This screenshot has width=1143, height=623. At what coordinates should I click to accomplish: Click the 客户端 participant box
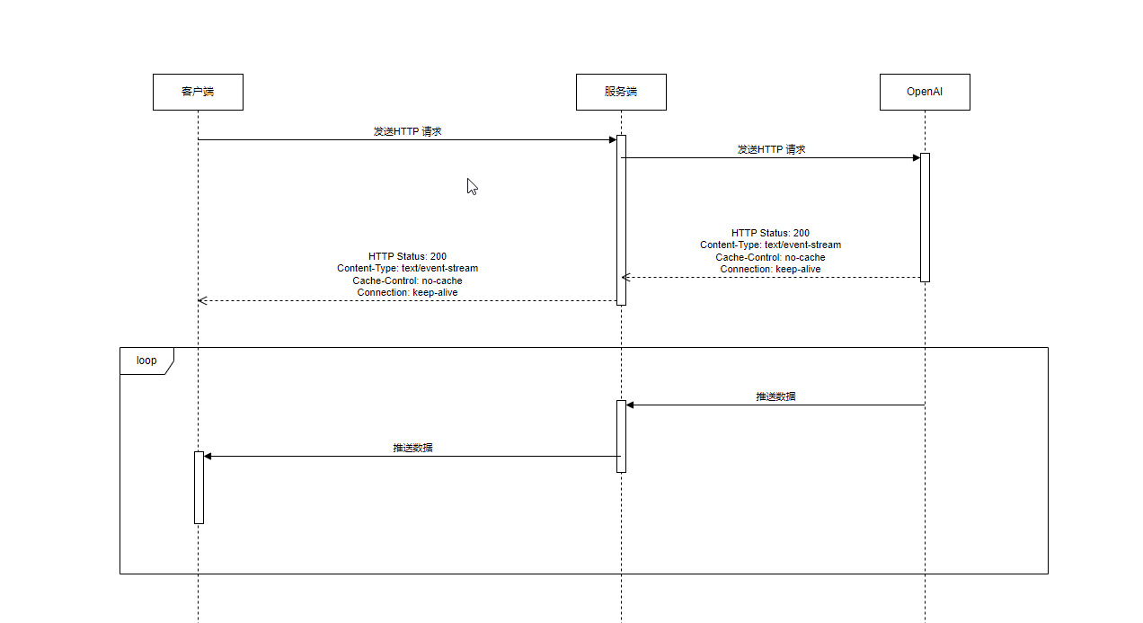point(198,92)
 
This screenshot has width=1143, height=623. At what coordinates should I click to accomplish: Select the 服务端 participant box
point(621,92)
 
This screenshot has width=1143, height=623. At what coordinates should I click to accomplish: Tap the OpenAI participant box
point(925,92)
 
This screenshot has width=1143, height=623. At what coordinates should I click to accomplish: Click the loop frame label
point(146,360)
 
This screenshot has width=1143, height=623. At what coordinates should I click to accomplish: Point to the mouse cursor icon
point(472,186)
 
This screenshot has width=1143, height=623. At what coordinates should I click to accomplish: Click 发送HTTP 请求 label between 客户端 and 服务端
point(407,131)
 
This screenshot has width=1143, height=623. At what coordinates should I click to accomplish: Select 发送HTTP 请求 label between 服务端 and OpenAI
point(771,149)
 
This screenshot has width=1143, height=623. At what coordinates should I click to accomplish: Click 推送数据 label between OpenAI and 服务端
point(775,396)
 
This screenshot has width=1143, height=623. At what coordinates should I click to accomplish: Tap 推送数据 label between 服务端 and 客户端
point(412,448)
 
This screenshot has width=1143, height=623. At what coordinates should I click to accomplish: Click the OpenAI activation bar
point(925,217)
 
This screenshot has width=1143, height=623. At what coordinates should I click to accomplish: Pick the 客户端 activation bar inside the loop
point(199,487)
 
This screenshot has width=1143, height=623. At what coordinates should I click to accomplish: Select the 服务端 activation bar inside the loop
point(621,436)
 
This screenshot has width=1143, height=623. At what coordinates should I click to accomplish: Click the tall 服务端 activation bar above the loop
point(621,219)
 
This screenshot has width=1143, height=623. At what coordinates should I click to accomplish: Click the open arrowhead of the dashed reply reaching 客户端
point(202,300)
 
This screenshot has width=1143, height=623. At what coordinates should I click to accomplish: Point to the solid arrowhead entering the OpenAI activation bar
point(916,158)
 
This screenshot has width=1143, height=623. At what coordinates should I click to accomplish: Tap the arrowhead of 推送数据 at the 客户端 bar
point(208,456)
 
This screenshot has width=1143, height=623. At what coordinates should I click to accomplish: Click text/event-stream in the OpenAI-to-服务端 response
point(802,245)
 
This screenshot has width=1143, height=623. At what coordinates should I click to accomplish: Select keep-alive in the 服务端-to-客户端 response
point(435,292)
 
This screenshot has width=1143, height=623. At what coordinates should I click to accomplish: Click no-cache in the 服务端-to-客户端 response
point(440,280)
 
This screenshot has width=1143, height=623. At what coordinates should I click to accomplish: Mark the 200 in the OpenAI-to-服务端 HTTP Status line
point(801,233)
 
